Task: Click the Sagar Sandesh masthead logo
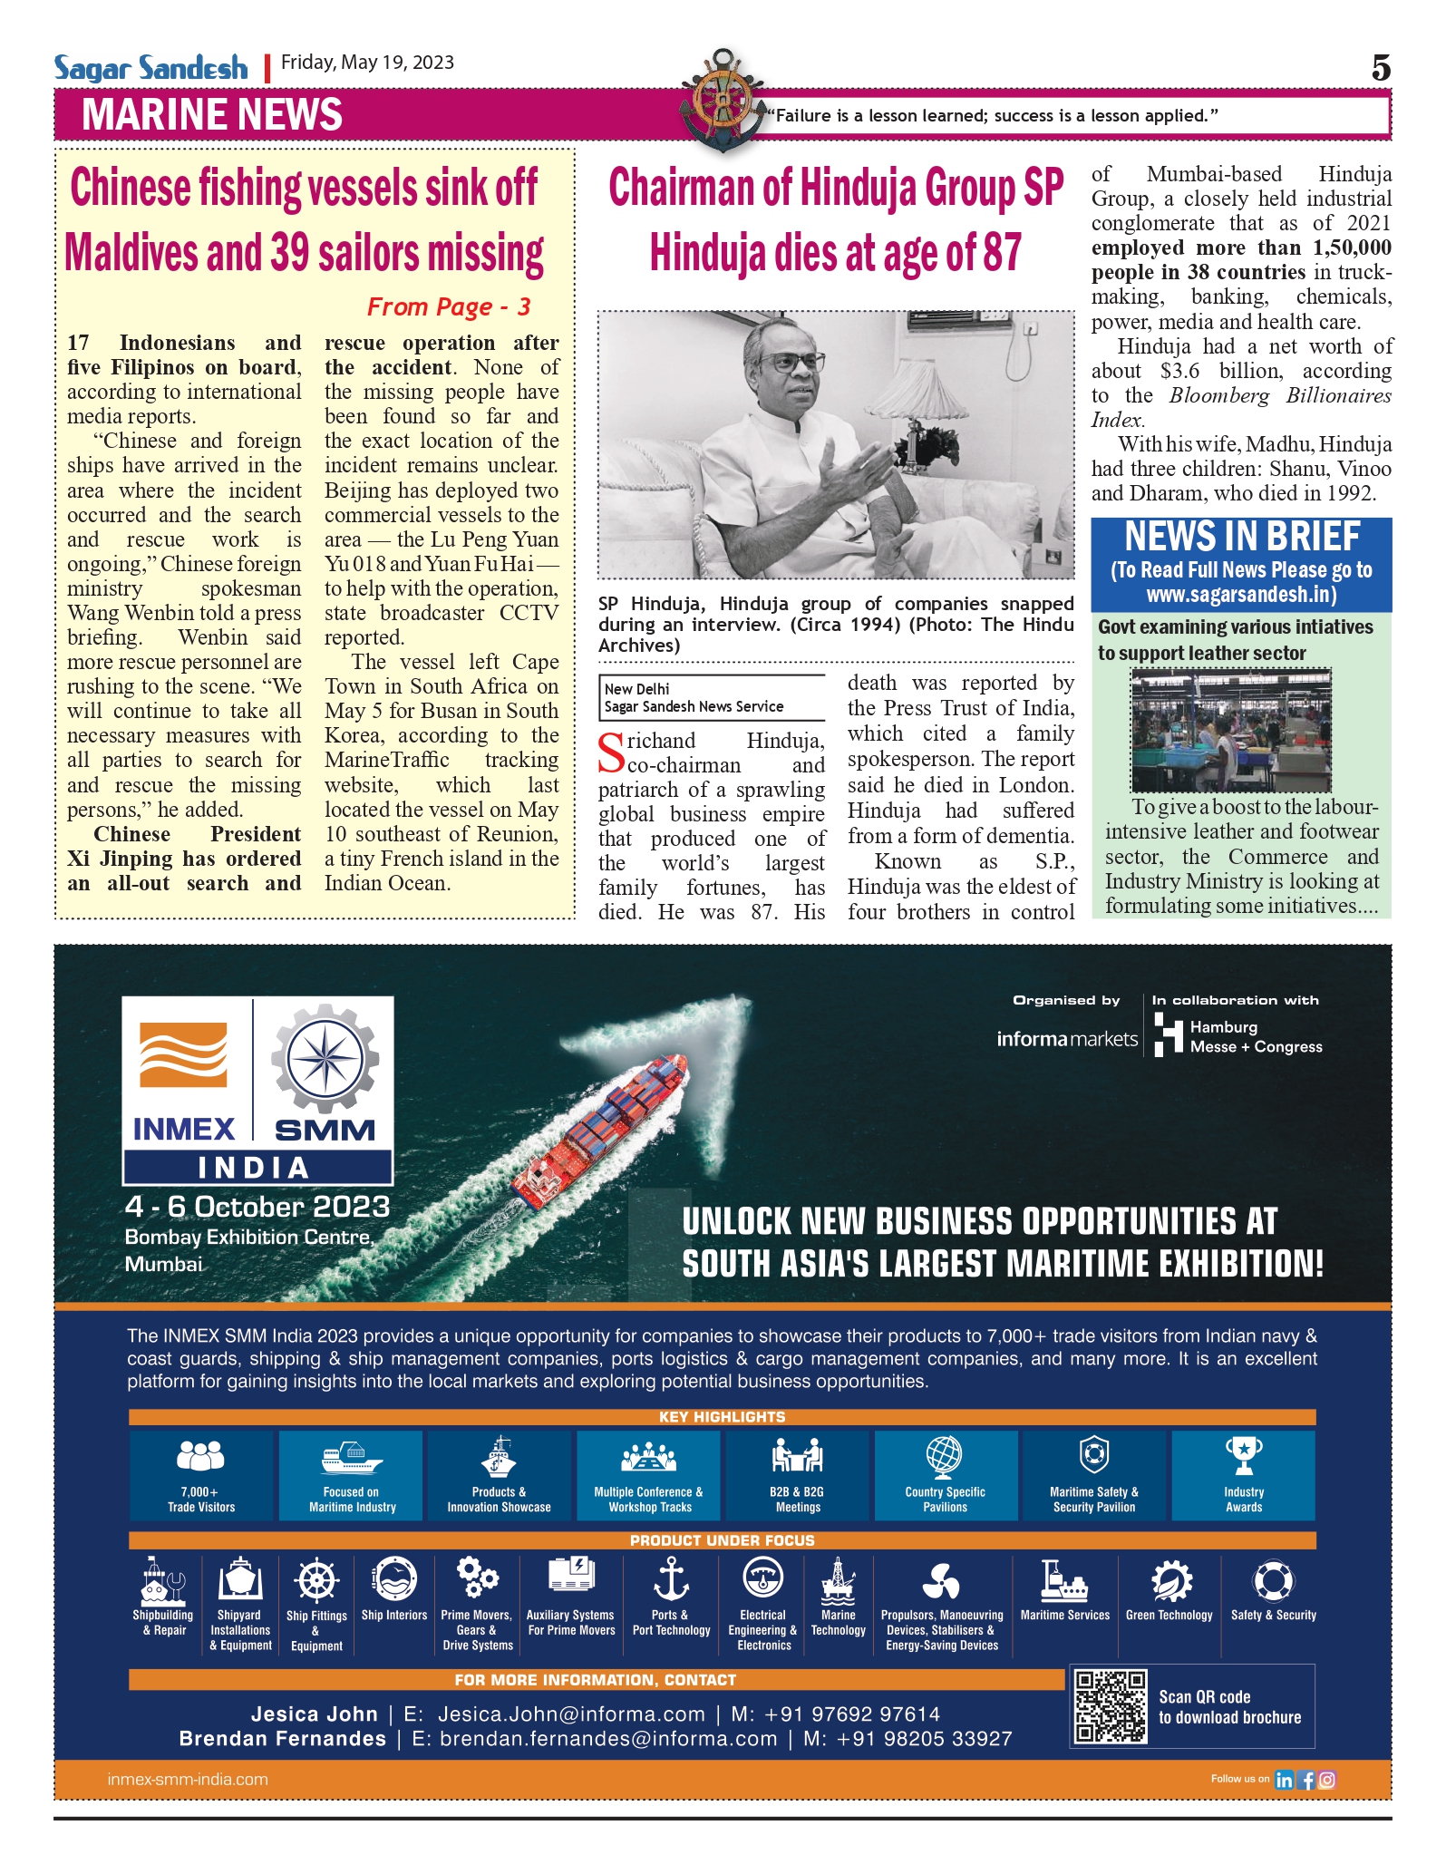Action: tap(150, 68)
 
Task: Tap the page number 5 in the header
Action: tap(1380, 68)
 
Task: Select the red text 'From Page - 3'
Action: tap(448, 307)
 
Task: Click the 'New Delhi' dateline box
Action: tap(711, 698)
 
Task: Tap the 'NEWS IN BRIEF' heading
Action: tap(1241, 537)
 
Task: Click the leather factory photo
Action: tap(1230, 731)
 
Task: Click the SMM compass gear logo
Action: tap(325, 1059)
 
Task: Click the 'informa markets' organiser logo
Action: tap(1066, 1039)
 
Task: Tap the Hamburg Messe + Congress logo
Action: tap(1238, 1036)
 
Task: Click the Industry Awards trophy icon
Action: tap(1243, 1455)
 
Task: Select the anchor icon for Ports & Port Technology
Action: tap(671, 1579)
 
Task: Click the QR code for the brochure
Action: tap(1110, 1706)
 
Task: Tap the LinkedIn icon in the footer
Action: tap(1284, 1780)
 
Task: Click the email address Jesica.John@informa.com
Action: tap(571, 1714)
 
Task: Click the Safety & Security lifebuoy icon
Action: tap(1273, 1581)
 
